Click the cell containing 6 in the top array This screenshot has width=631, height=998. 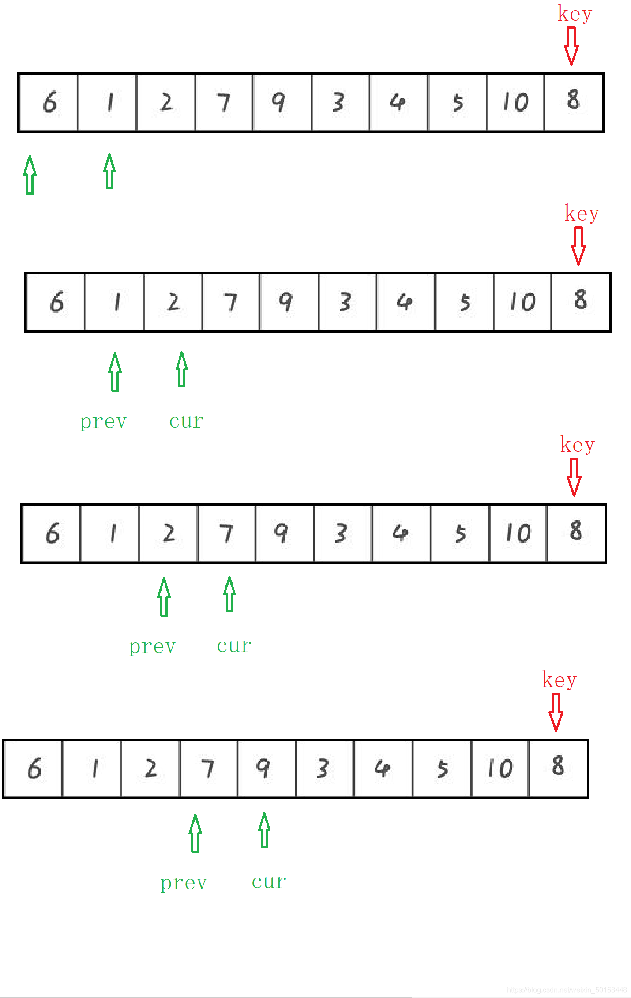pos(49,102)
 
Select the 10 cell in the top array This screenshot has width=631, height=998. pos(515,102)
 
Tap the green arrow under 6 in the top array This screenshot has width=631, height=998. pos(30,175)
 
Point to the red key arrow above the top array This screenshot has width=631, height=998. pos(571,46)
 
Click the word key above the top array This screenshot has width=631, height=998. pos(575,14)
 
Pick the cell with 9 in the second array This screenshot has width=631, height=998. pos(289,302)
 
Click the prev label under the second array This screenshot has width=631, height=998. pos(104,422)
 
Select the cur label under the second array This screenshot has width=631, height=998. pos(186,421)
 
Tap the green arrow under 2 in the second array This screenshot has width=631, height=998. pos(181,370)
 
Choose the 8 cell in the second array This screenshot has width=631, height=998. pos(581,302)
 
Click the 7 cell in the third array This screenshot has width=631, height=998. pos(226,533)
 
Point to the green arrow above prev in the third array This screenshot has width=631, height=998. pos(164,597)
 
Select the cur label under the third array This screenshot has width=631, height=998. pos(234,646)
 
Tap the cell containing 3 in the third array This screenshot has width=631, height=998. pos(343,533)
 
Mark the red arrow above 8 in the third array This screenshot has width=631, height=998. pos(574,477)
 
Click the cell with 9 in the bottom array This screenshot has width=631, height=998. pos(267,769)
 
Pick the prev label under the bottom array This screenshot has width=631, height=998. pos(184,883)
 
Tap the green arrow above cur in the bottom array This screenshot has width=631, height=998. pos(264,830)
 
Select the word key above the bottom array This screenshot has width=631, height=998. pos(559,680)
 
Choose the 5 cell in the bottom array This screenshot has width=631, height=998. pos(442,769)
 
